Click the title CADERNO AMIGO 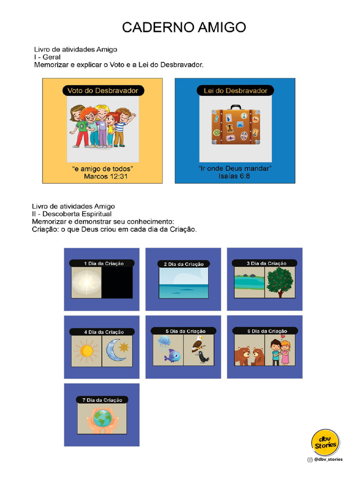pos(184,27)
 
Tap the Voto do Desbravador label pos(103,90)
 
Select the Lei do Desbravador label pos(235,90)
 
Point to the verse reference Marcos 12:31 pos(105,177)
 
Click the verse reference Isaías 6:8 pos(235,177)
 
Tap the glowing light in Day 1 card pos(86,283)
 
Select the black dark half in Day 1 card pos(117,283)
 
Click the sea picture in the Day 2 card pos(183,284)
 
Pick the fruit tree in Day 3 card pos(280,282)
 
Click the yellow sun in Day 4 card pos(86,351)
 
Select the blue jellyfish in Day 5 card pos(164,341)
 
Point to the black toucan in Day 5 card pos(203,357)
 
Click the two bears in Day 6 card pos(249,356)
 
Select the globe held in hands pos(102,418)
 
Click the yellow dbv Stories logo pos(325,442)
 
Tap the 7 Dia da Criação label pos(102,400)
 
